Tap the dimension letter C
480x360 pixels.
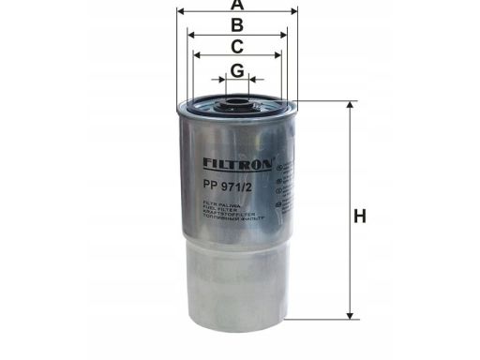click(237, 46)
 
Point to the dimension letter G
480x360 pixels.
click(237, 70)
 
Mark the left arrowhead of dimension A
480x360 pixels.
click(180, 13)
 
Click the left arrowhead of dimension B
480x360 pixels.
click(191, 34)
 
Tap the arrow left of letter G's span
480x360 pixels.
click(218, 81)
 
